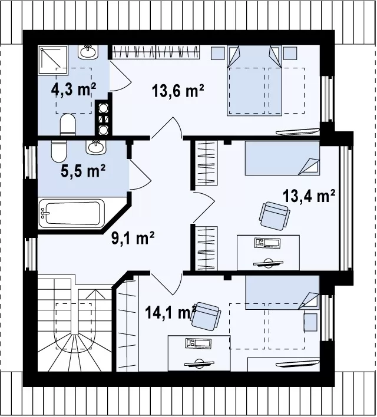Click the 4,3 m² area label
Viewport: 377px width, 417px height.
[x=74, y=90]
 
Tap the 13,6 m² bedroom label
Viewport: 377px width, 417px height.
[x=178, y=91]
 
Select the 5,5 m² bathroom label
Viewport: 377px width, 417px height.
[x=83, y=171]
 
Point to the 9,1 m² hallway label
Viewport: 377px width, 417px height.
[x=133, y=238]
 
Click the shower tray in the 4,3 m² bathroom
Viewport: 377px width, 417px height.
[x=53, y=60]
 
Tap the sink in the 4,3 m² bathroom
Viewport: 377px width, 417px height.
[x=88, y=52]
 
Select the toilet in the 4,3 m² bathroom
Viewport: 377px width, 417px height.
[x=68, y=124]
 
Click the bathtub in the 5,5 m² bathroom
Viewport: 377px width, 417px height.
[x=71, y=214]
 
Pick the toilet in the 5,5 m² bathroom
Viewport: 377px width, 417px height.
[x=58, y=151]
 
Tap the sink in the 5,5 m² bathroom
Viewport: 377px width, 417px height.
[x=96, y=147]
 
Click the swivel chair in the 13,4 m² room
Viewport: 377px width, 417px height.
[x=275, y=216]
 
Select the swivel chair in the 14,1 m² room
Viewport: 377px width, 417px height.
[x=205, y=316]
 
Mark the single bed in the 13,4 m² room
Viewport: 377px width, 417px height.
[x=282, y=158]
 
